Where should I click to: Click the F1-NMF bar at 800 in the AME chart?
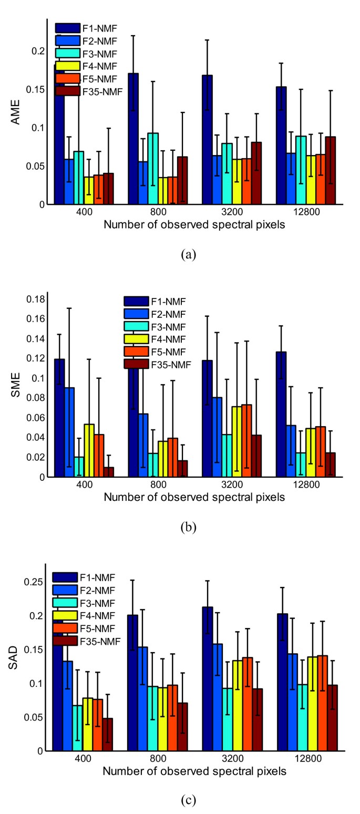coord(133,139)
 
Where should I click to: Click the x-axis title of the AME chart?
coord(194,225)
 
